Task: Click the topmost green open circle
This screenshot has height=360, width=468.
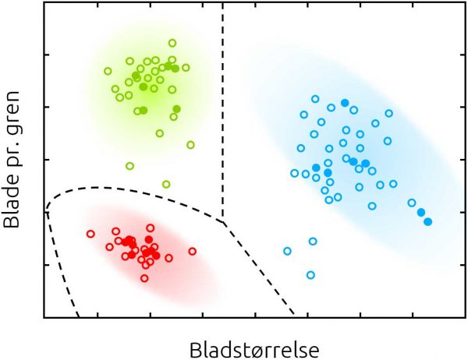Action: coord(172,43)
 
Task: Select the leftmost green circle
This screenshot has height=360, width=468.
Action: coord(108,71)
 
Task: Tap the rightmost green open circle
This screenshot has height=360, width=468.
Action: coord(190,144)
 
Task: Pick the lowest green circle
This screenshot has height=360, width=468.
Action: coord(166,184)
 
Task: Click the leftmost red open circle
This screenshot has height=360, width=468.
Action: coord(90,233)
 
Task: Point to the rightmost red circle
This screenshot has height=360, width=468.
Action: coord(193,251)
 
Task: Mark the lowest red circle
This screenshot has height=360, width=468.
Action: coord(144,277)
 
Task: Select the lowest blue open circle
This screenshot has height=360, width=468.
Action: coord(310,274)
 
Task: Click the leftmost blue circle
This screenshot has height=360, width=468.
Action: coord(287,251)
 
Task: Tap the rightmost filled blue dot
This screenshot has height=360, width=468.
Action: coord(427,221)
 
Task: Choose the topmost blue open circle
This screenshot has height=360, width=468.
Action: coord(315,99)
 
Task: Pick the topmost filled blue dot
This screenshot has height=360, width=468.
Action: coord(345,102)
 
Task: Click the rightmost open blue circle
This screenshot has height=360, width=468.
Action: coord(411,203)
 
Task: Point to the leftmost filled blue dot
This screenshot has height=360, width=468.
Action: coord(316,168)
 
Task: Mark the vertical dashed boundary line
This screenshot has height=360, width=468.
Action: coord(224,117)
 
